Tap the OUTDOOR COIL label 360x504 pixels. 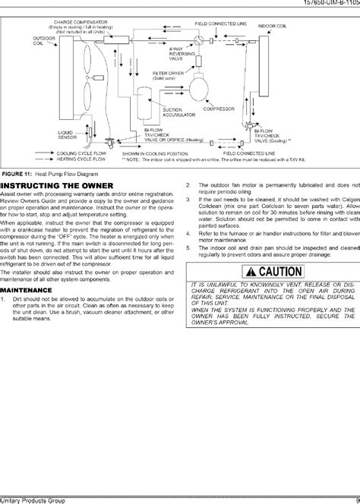[x=43, y=41]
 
